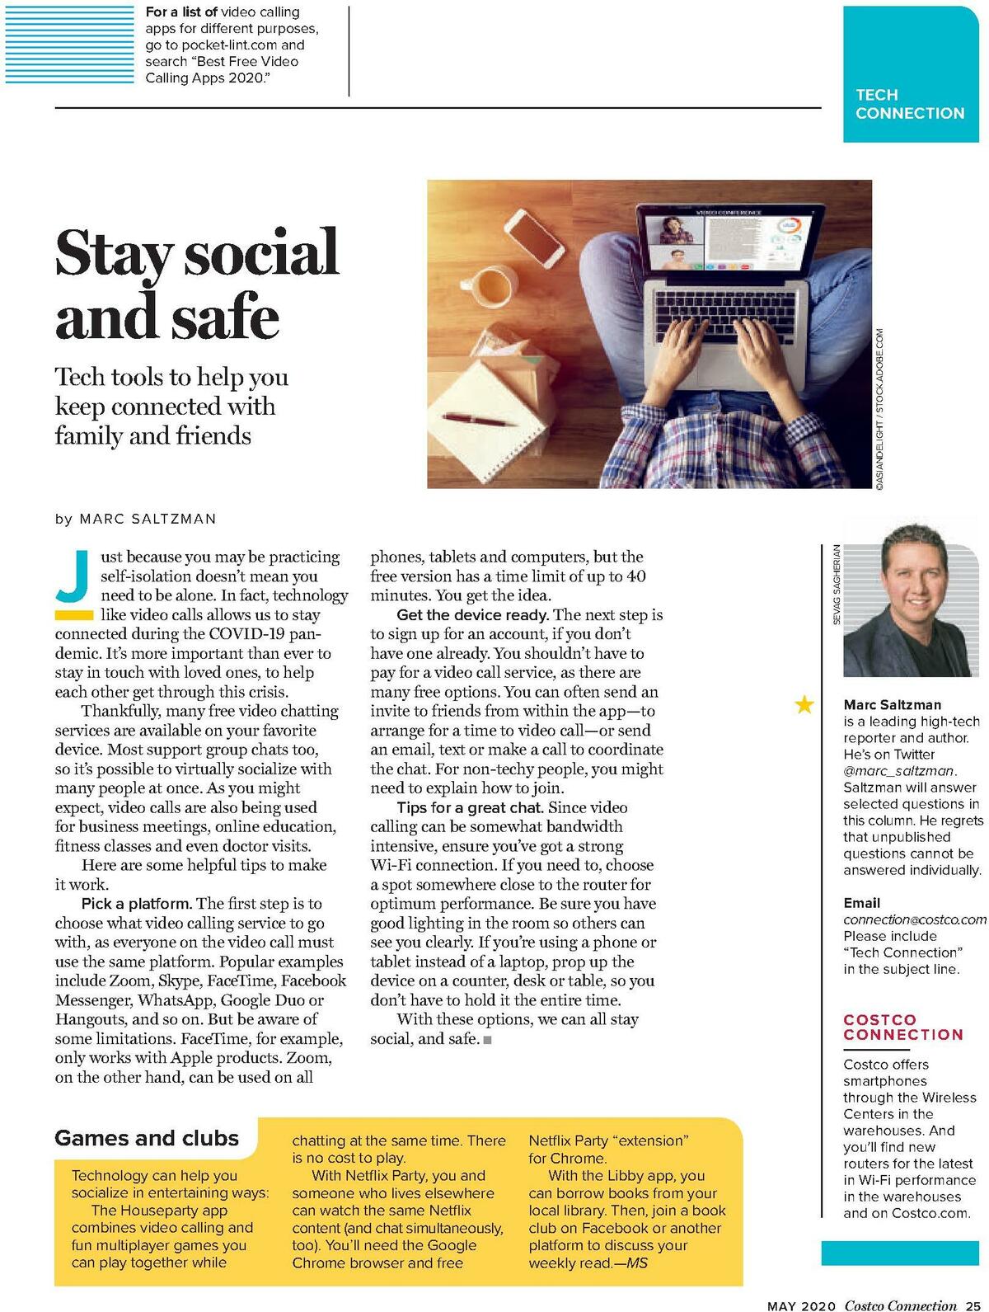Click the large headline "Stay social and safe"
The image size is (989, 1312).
pyautogui.click(x=196, y=285)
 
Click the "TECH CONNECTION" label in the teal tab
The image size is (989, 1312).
pyautogui.click(x=909, y=104)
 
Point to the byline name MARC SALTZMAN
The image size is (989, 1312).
pyautogui.click(x=148, y=519)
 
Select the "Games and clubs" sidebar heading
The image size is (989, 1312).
pyautogui.click(x=147, y=1138)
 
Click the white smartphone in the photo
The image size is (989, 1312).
pyautogui.click(x=533, y=237)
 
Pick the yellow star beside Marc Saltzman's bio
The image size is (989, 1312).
pyautogui.click(x=804, y=704)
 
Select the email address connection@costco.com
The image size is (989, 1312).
pyautogui.click(x=914, y=919)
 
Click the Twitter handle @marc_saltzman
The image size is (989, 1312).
pyautogui.click(x=898, y=771)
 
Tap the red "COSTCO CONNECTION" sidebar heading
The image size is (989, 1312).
pyautogui.click(x=902, y=1027)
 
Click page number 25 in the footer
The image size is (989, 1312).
pyautogui.click(x=973, y=1305)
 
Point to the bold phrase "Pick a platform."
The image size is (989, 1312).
pyautogui.click(x=137, y=904)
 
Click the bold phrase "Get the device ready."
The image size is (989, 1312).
pyautogui.click(x=472, y=615)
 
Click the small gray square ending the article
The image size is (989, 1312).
pyautogui.click(x=488, y=1040)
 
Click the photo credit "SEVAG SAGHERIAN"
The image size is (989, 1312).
pyautogui.click(x=837, y=584)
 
